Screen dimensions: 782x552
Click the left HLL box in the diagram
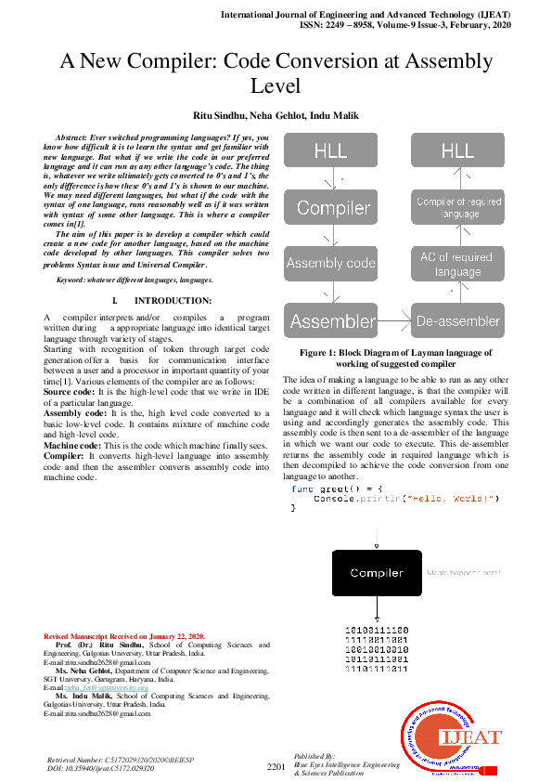(331, 150)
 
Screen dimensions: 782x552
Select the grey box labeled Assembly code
(331, 263)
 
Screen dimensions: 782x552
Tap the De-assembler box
(457, 321)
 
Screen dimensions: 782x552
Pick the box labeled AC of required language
(457, 264)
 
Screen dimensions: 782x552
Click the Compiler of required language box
(457, 207)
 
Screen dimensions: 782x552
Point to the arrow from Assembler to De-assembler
(394, 321)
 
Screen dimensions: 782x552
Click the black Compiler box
(376, 573)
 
